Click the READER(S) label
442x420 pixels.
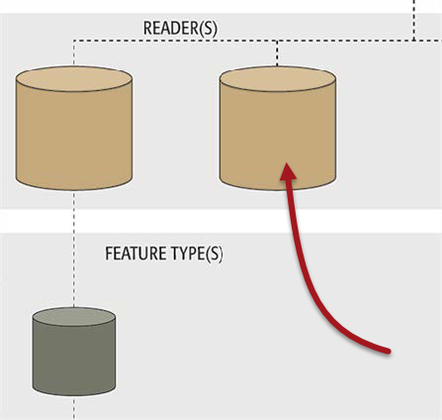click(x=180, y=28)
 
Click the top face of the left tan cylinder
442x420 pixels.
click(x=74, y=79)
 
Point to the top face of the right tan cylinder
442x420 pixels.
click(x=278, y=79)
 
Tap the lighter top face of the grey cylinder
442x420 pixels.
click(x=74, y=317)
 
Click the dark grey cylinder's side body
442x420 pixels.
click(x=74, y=359)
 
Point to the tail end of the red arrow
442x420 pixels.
click(x=389, y=352)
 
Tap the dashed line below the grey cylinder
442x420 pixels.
click(x=74, y=408)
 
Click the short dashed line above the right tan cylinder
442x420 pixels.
click(x=277, y=53)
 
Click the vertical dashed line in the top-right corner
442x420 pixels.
click(x=414, y=20)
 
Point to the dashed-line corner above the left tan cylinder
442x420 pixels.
click(x=74, y=41)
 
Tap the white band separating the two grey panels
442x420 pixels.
click(x=221, y=221)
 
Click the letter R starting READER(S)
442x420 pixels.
click(x=147, y=28)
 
